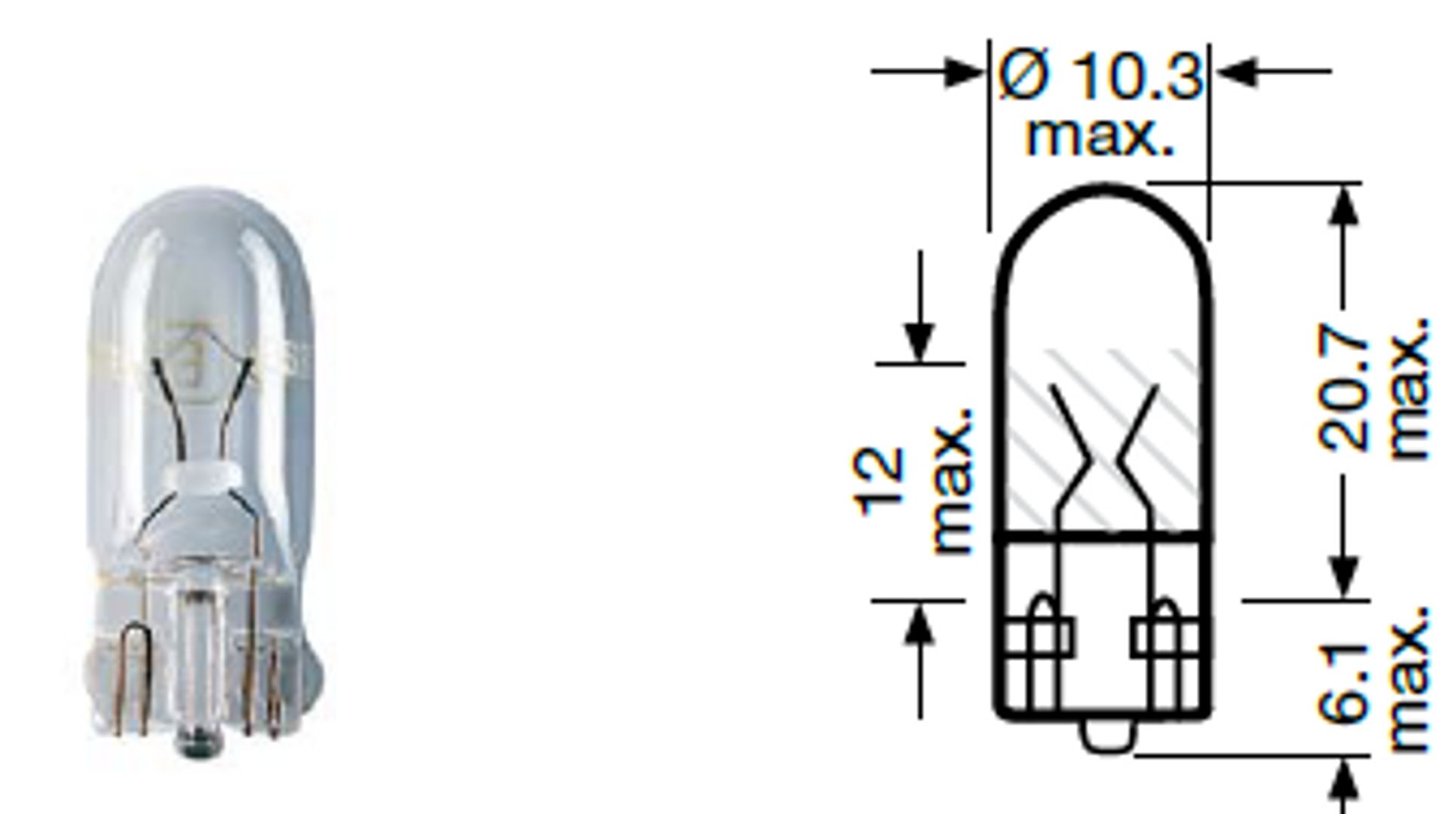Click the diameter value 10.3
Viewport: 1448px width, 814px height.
pyautogui.click(x=1135, y=75)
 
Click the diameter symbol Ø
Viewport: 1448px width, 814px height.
pyautogui.click(x=1023, y=75)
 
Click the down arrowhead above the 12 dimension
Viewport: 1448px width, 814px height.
pyautogui.click(x=919, y=343)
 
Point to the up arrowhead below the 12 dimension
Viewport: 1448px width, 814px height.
pyautogui.click(x=919, y=626)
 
